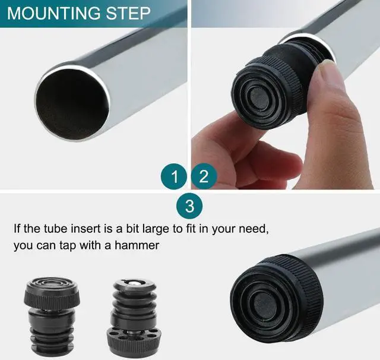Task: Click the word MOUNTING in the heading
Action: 59,13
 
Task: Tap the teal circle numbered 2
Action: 204,176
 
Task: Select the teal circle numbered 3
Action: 189,207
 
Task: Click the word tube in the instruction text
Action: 52,228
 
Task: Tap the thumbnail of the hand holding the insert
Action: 285,95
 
